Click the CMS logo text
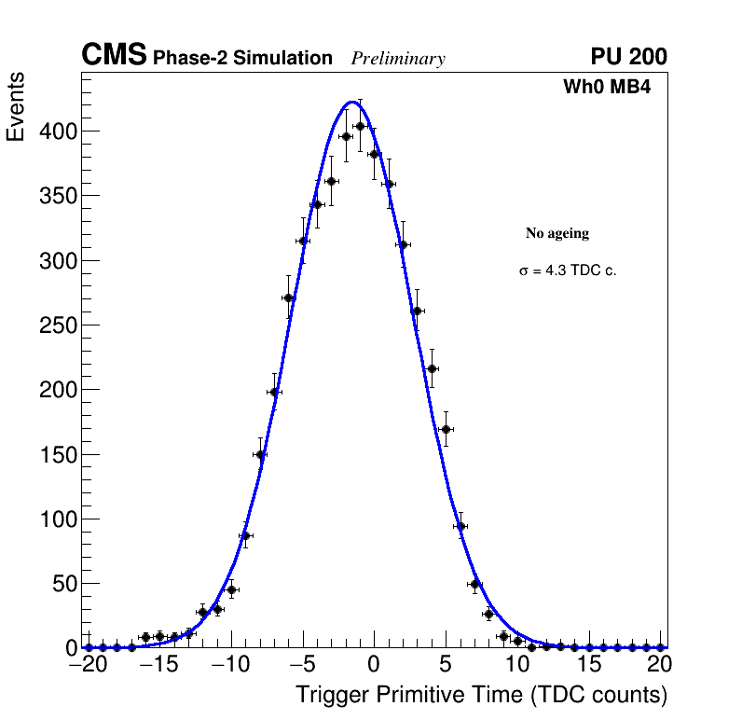click(114, 56)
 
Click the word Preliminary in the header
click(398, 59)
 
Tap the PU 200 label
click(628, 57)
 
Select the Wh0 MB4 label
click(607, 88)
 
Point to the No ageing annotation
click(557, 233)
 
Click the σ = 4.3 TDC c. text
click(568, 271)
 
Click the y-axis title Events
click(16, 106)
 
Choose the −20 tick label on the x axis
click(89, 664)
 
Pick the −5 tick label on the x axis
click(302, 664)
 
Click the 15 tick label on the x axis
click(588, 664)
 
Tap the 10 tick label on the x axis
click(516, 664)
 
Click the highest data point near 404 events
click(360, 126)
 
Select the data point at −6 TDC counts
click(288, 298)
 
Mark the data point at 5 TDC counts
click(446, 429)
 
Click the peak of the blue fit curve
click(352, 102)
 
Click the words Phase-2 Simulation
click(242, 59)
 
